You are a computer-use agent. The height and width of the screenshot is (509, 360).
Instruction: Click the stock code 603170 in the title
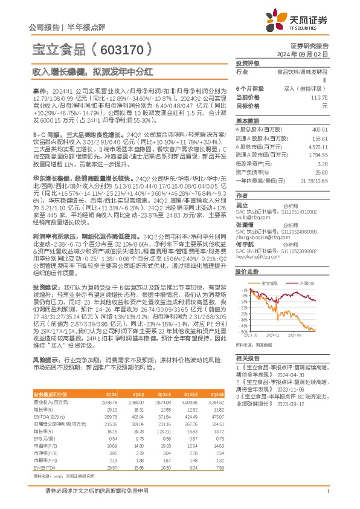pyautogui.click(x=124, y=48)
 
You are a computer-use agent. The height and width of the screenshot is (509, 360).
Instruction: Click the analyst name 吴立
pyautogui.click(x=242, y=206)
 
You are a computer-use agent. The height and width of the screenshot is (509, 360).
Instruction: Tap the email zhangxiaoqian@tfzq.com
pyautogui.click(x=258, y=238)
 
